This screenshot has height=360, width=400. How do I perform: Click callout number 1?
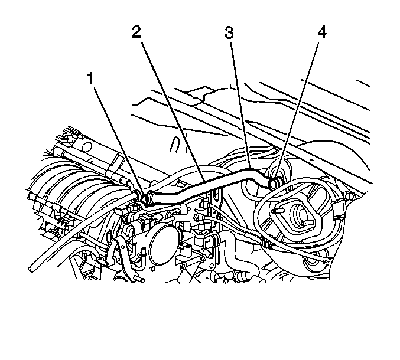coord(90,78)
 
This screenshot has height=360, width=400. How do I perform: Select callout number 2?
coord(136,32)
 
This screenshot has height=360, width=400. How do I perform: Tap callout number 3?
coord(229,32)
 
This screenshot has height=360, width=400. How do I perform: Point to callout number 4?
coord(322,32)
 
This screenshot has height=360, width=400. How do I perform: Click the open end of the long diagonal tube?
coord(31,269)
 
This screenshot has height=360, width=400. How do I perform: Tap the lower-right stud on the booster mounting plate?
coord(307,223)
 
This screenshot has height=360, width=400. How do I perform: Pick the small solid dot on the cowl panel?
coord(312,159)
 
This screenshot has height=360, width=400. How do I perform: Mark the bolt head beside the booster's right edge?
coord(349,196)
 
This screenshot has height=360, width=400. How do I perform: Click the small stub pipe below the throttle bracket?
coord(139,280)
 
